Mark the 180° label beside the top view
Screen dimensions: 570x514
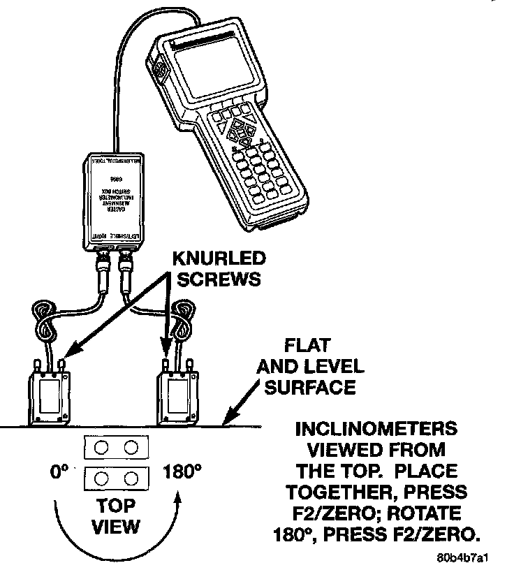tap(182, 473)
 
